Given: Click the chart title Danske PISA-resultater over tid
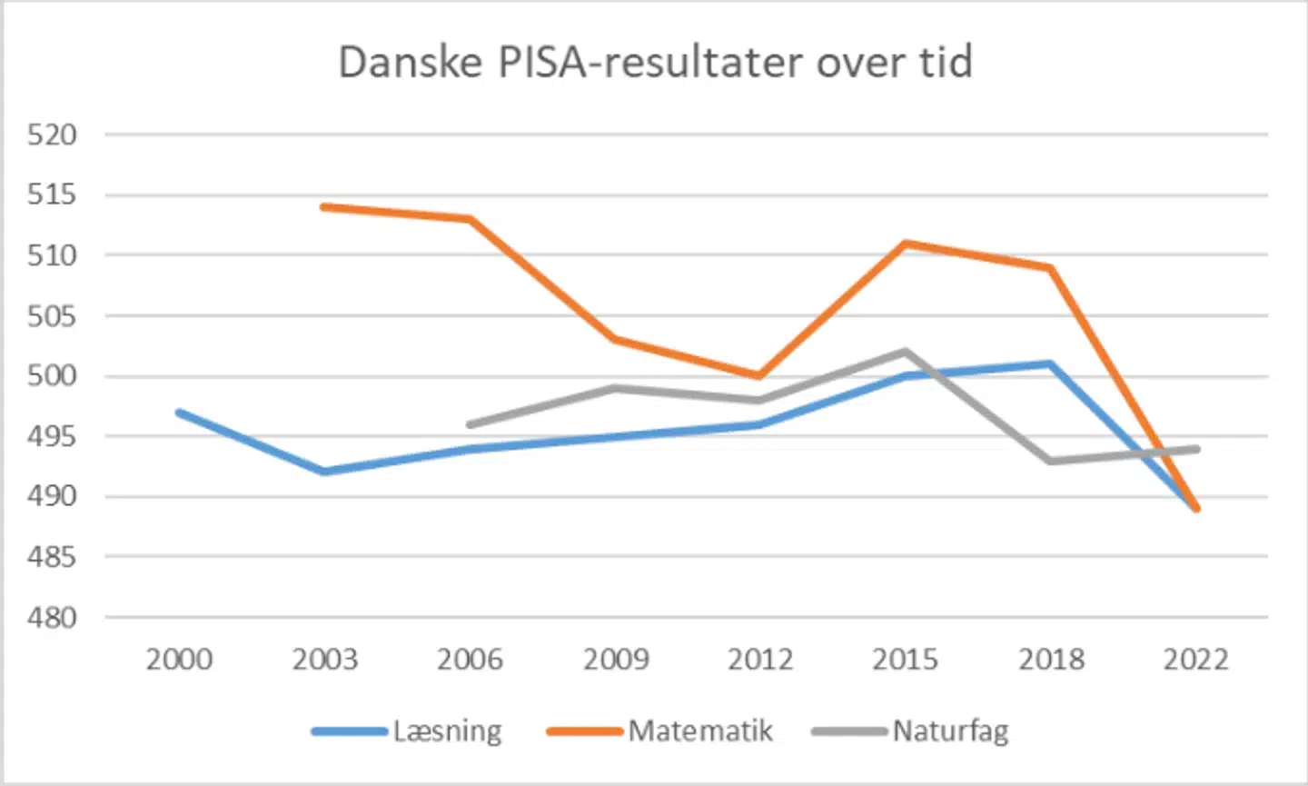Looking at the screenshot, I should (x=655, y=63).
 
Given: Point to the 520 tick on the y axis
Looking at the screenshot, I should (x=52, y=134).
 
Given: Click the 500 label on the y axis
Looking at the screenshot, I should (x=52, y=375).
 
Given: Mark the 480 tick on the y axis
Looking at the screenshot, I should (x=52, y=617).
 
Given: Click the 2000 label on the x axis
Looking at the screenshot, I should (x=179, y=659).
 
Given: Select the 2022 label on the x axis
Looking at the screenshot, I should (x=1196, y=659).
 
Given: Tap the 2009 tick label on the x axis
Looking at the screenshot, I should (x=616, y=659).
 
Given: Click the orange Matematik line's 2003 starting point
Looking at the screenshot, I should (x=324, y=207).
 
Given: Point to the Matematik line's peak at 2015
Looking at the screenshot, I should (x=906, y=243).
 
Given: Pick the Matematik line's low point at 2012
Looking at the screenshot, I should (x=759, y=375).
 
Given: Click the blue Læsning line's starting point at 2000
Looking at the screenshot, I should (x=180, y=413).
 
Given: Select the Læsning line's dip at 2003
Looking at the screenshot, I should (x=324, y=472).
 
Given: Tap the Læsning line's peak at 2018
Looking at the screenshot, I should (x=1051, y=364).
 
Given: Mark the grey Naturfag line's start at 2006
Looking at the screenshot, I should (x=470, y=424).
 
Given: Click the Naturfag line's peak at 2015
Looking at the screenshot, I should (x=906, y=352).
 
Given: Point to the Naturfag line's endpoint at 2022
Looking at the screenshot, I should (x=1196, y=449).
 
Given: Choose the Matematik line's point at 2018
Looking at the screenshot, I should (x=1051, y=268).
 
